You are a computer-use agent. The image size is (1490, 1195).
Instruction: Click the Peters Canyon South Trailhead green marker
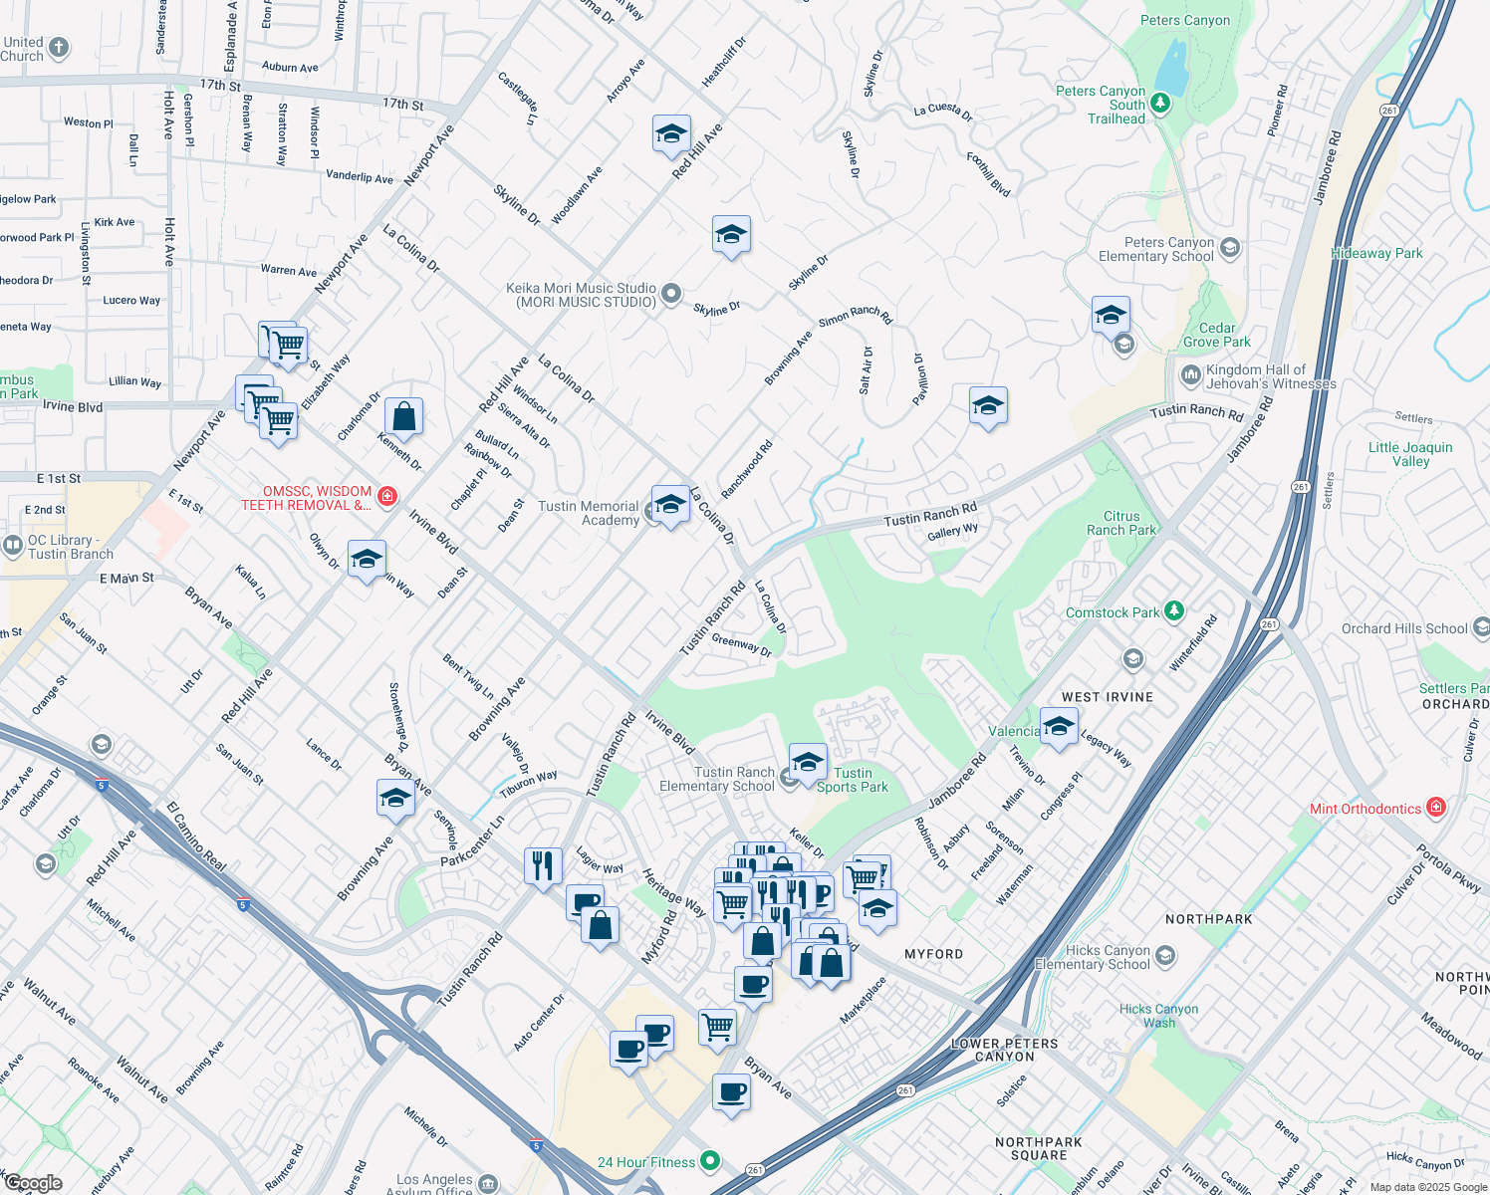click(1159, 104)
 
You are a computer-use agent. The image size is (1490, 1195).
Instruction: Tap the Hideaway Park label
click(1376, 253)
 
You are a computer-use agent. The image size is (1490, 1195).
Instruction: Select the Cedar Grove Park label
click(1216, 335)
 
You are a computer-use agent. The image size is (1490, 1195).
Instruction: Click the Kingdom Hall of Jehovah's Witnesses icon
click(1190, 375)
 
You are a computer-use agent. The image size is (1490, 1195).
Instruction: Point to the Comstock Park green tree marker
click(1174, 610)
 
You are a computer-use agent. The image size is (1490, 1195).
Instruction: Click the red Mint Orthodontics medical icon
click(1435, 808)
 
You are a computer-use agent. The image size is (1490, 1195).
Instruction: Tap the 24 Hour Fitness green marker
click(709, 1160)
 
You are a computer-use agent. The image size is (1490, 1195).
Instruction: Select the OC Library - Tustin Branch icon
click(13, 545)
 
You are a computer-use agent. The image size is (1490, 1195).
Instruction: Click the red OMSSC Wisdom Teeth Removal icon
click(387, 496)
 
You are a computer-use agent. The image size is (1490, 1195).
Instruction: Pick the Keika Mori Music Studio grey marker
click(672, 293)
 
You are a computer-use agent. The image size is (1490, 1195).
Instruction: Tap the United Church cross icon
click(59, 47)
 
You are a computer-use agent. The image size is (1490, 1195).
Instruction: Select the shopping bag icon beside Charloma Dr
click(403, 417)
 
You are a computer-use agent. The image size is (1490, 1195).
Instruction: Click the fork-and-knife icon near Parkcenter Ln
click(542, 864)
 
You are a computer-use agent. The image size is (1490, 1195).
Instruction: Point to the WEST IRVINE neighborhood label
click(1107, 697)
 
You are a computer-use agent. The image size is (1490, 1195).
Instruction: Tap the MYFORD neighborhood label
click(933, 954)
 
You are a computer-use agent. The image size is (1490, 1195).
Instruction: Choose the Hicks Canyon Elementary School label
click(1093, 957)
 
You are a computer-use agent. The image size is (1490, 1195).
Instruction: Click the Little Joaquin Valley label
click(1409, 454)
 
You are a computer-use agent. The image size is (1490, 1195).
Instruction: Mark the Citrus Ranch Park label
click(1121, 523)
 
